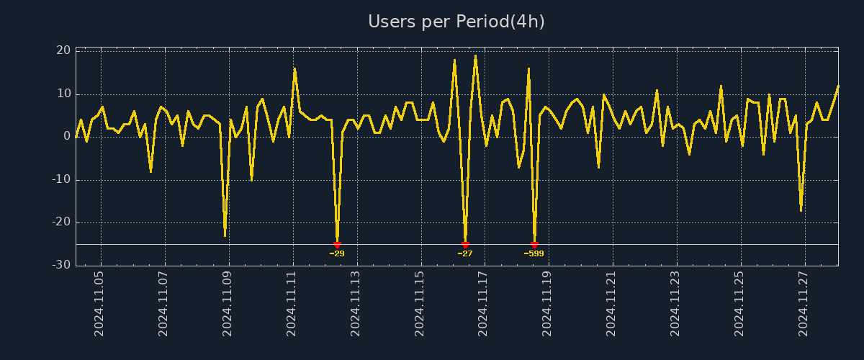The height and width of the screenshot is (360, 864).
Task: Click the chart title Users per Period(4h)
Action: click(456, 22)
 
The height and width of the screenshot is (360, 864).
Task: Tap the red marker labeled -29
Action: click(337, 245)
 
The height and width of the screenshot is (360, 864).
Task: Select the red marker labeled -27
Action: click(465, 245)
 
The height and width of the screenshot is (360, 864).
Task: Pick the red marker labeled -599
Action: click(534, 245)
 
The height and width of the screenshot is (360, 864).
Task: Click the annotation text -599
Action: click(534, 253)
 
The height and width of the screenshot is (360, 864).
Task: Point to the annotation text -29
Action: click(337, 253)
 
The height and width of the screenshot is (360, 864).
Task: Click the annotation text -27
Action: click(465, 253)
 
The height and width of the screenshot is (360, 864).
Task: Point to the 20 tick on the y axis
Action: click(63, 50)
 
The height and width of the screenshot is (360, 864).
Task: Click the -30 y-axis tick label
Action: click(60, 265)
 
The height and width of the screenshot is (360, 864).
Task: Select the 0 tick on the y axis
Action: click(66, 137)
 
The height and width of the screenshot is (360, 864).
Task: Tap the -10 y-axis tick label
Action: click(60, 179)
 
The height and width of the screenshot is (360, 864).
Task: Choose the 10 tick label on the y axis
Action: click(63, 94)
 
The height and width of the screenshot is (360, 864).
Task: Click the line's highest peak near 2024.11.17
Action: click(475, 55)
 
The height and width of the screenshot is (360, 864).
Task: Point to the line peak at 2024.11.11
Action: click(294, 68)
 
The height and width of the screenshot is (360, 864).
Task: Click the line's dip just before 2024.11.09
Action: click(225, 235)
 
